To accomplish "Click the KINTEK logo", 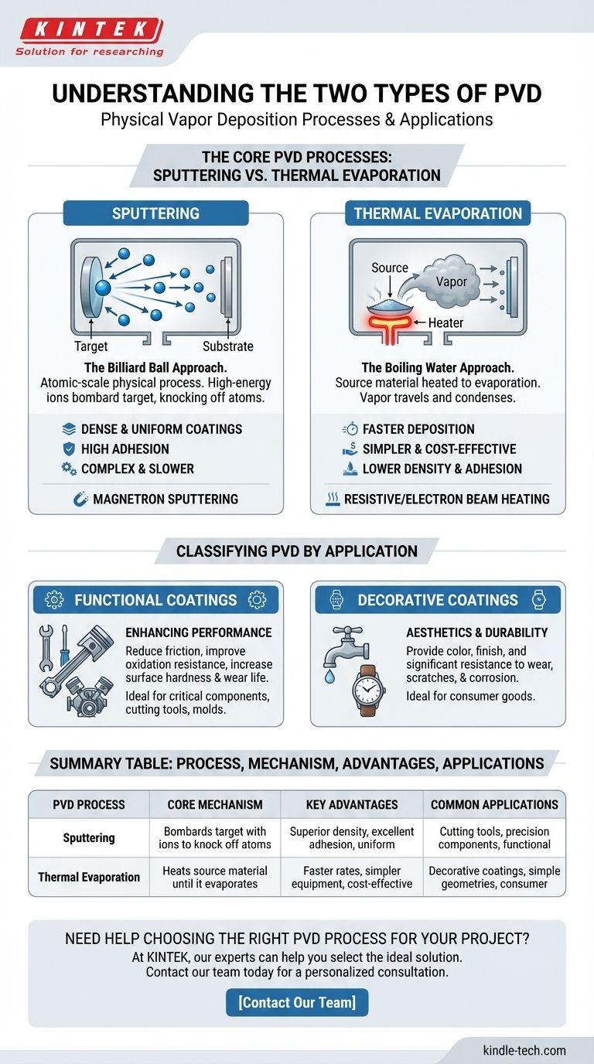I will point(90,32).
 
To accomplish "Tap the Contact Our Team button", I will point(297,1002).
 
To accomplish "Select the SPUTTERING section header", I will point(155,213).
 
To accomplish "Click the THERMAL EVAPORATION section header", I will point(438,213).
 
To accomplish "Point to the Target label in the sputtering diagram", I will point(91,346).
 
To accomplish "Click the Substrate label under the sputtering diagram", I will point(227,346).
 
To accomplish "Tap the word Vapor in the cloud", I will point(452,282).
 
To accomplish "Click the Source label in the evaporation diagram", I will point(390,268).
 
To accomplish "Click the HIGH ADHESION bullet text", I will point(125,448).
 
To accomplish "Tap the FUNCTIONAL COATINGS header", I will point(155,600).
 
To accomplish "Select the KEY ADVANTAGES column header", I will point(352,804).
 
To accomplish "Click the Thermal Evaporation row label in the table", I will point(89,877).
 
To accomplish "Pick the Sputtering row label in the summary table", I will point(89,837).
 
